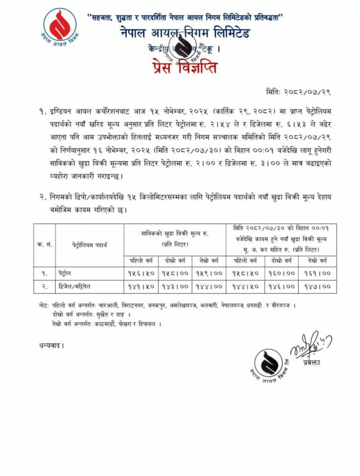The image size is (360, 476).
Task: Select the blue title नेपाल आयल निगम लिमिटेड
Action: point(184,34)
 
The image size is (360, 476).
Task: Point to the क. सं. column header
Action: point(44,245)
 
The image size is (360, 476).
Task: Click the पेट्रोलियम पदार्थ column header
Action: point(90,245)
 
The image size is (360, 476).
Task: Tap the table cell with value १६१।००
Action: point(318,273)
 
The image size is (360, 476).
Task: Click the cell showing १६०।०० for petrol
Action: point(281,273)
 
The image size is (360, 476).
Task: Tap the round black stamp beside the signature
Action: point(268,363)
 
